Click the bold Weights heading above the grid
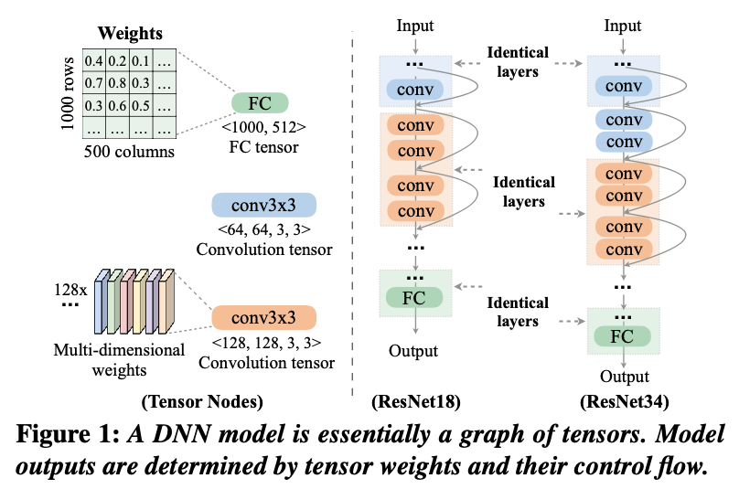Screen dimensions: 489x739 tap(132, 34)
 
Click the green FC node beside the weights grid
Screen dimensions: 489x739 tap(260, 102)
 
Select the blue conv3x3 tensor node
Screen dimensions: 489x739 tap(263, 204)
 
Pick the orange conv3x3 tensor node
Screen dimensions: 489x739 tap(263, 318)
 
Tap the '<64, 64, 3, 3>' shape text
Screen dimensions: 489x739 tap(263, 229)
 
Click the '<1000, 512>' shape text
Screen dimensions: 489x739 tap(263, 127)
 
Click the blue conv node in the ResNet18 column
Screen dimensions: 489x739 tap(414, 89)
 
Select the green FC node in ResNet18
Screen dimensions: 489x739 tap(414, 298)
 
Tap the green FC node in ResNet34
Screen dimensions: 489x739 tap(622, 337)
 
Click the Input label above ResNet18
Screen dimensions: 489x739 tap(415, 27)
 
